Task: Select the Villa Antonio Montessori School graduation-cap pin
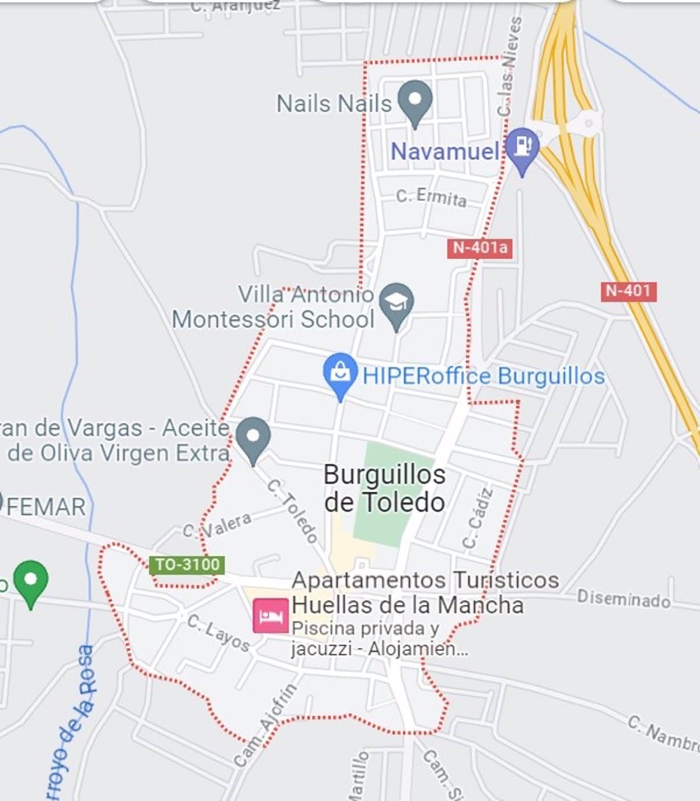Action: pos(397,304)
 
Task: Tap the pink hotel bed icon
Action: pos(271,616)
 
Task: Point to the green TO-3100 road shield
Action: pos(187,565)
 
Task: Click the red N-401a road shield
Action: pos(480,248)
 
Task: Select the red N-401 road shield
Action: pos(628,291)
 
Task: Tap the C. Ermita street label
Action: pos(431,197)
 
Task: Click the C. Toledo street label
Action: pos(293,511)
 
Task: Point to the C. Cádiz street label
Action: pos(478,518)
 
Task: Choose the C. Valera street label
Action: pos(218,524)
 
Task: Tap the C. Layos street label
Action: pos(218,633)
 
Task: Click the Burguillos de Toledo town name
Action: pos(384,488)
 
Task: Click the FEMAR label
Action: pos(45,507)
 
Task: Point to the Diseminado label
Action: pos(623,598)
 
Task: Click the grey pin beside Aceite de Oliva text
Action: pos(253,438)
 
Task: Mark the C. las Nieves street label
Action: pos(507,66)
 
